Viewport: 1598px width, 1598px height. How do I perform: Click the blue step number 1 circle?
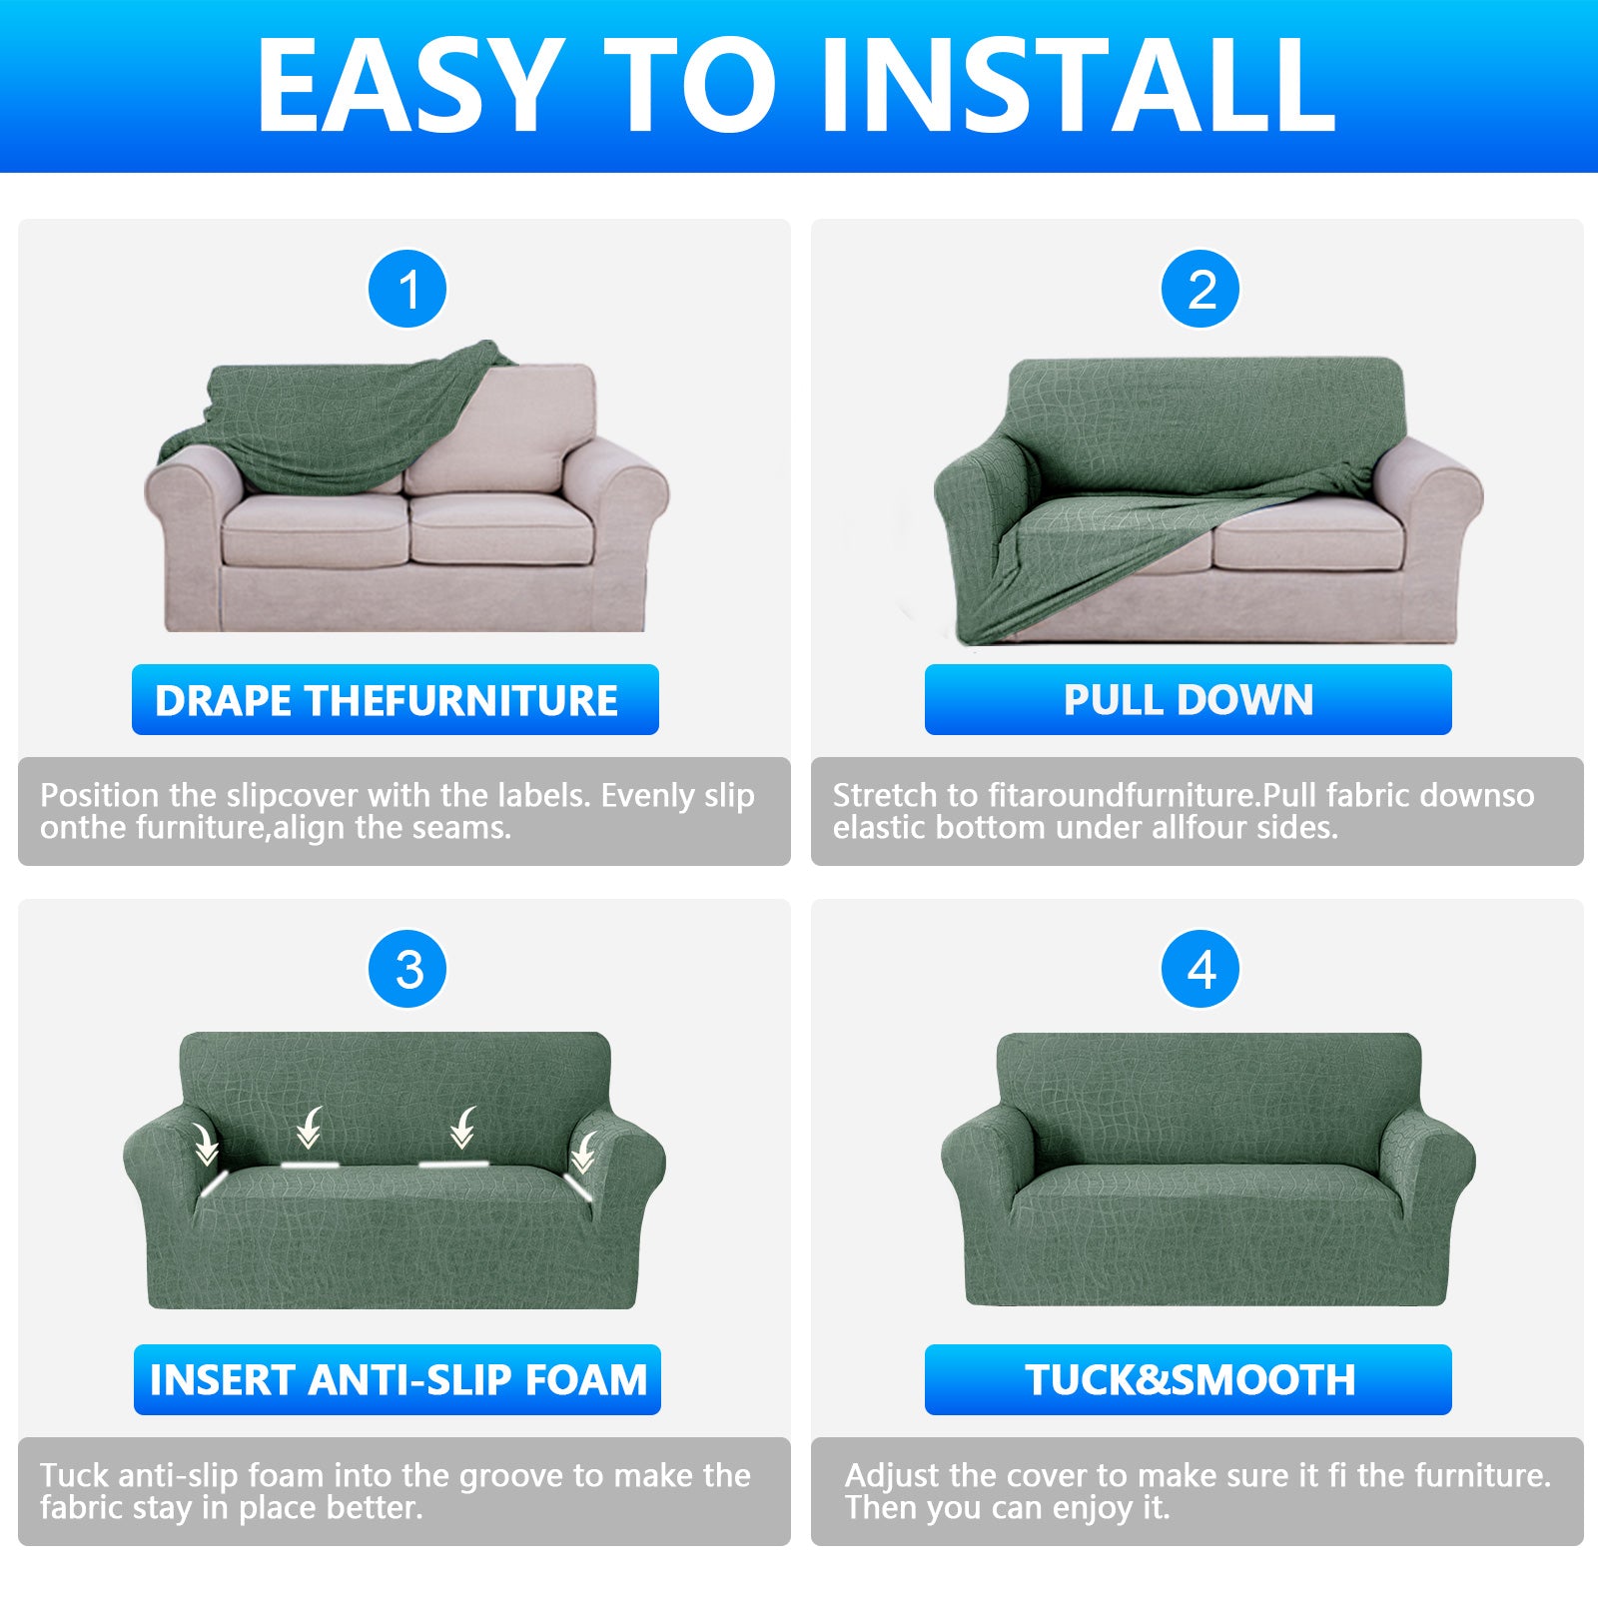click(407, 290)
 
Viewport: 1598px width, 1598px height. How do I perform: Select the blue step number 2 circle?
click(1200, 290)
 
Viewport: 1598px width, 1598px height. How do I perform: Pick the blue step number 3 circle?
click(407, 970)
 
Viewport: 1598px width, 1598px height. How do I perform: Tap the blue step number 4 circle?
click(1200, 970)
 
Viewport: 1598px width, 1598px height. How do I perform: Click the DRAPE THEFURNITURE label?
click(395, 700)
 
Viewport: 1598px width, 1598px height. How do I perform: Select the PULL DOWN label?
click(1188, 700)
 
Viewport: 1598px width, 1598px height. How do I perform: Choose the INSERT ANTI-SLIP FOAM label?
click(397, 1380)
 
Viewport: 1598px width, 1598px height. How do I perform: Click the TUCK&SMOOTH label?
click(1188, 1380)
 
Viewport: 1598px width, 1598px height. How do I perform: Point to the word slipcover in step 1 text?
click(292, 796)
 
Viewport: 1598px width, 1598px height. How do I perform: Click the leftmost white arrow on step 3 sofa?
click(207, 1144)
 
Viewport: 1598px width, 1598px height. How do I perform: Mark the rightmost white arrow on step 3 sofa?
click(583, 1152)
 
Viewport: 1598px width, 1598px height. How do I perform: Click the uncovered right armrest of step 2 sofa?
click(1433, 499)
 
